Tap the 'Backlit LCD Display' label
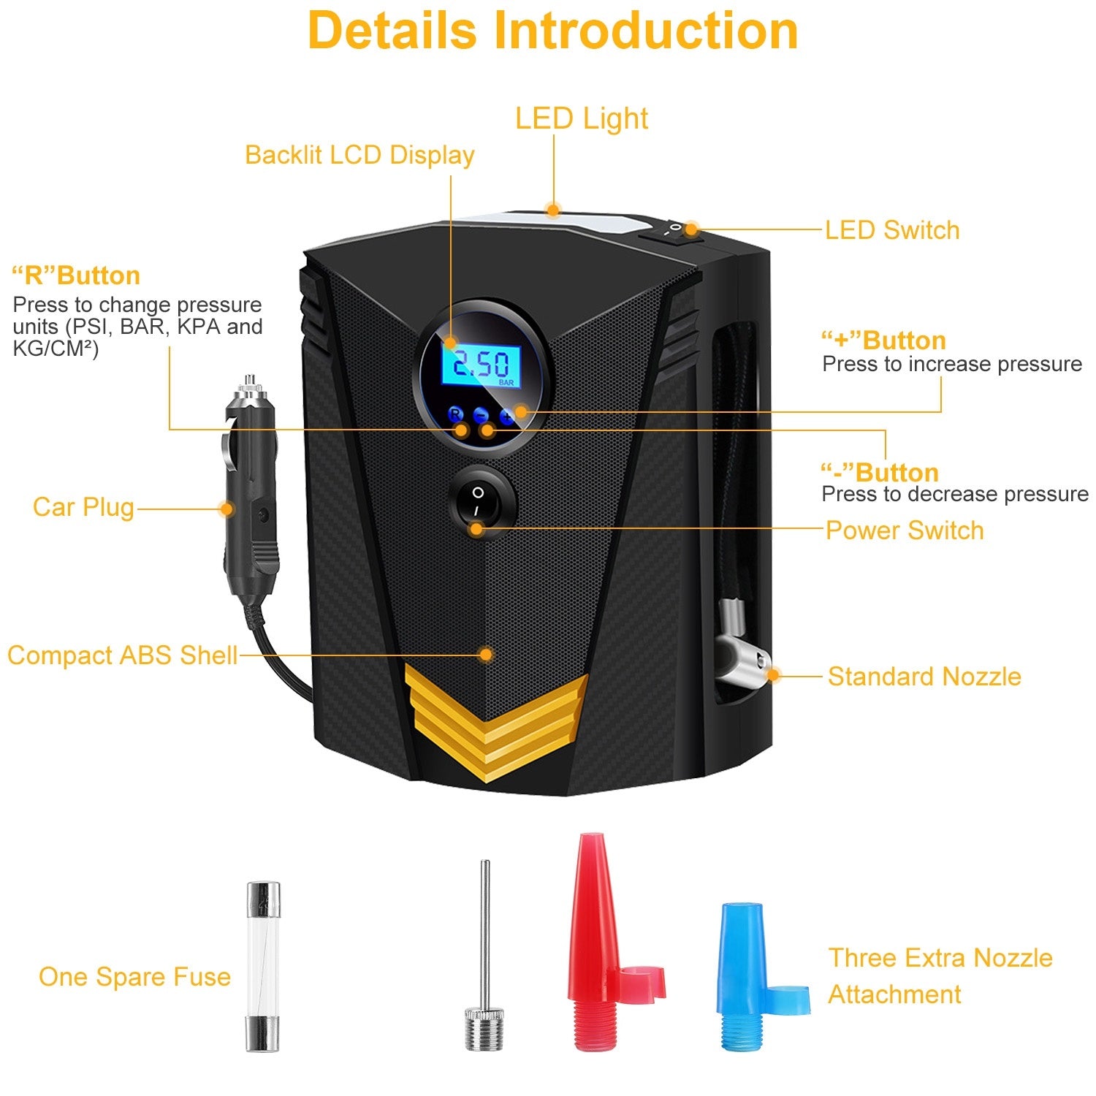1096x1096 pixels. pos(359,155)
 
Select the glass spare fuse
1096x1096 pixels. pos(262,966)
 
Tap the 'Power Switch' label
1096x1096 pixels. pos(904,530)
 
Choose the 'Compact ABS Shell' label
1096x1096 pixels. pos(122,655)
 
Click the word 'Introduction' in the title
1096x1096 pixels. pos(646,31)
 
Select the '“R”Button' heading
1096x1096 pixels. pos(76,275)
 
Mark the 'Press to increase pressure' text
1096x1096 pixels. pos(951,364)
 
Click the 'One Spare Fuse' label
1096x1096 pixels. pos(134,977)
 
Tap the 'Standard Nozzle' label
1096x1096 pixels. pos(924,677)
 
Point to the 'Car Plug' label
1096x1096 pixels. pos(83,507)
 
